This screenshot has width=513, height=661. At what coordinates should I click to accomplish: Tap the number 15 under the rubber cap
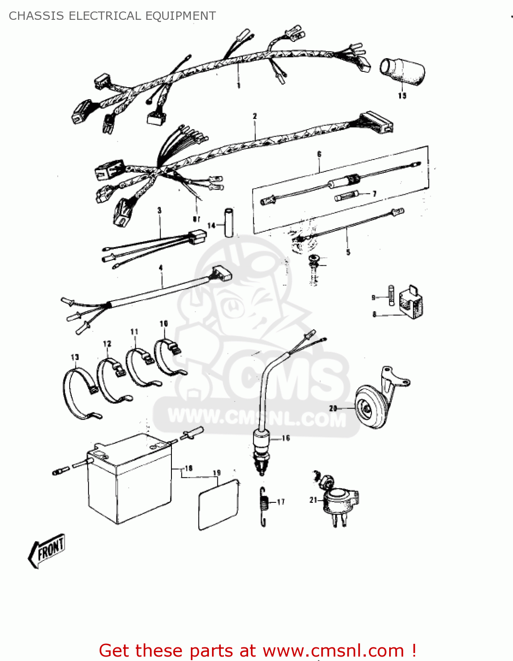tap(402, 96)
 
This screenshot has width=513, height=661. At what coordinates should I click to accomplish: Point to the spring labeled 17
tap(264, 507)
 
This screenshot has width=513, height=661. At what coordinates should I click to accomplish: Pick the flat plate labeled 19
tap(218, 505)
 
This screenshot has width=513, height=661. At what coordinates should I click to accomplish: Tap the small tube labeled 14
tap(229, 222)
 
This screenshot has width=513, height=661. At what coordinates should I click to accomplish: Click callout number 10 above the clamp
tap(164, 324)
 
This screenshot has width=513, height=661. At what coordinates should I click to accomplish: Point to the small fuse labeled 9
tap(391, 294)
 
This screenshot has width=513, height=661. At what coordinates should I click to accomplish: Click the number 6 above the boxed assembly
tap(319, 154)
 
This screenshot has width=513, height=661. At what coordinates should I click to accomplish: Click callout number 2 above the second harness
tap(255, 116)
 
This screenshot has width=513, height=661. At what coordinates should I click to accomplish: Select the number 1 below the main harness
tap(238, 85)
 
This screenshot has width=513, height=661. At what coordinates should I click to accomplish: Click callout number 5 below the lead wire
tap(348, 253)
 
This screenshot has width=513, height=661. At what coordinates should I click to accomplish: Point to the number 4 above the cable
tap(160, 268)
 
